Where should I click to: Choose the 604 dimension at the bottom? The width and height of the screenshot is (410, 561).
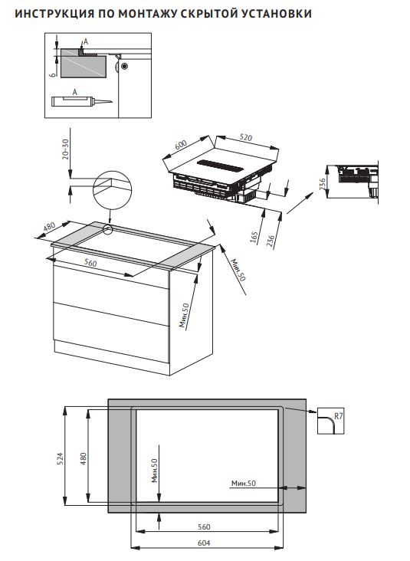pyautogui.click(x=205, y=543)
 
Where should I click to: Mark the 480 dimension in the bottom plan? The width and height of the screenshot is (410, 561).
pyautogui.click(x=84, y=458)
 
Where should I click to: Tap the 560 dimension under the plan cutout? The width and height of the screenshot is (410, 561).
pyautogui.click(x=205, y=527)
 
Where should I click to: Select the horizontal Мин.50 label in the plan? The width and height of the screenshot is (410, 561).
pyautogui.click(x=242, y=483)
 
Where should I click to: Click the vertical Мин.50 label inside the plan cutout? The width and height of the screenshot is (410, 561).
pyautogui.click(x=154, y=470)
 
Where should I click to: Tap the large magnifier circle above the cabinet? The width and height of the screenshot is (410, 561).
pyautogui.click(x=112, y=187)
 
